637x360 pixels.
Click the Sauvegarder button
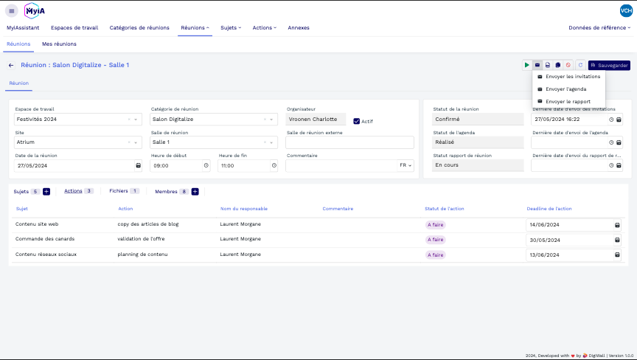coord(609,65)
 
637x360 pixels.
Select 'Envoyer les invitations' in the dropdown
coord(572,77)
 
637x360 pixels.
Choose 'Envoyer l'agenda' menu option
coord(565,89)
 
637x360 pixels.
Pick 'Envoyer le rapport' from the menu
coord(568,102)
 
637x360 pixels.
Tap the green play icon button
coord(527,65)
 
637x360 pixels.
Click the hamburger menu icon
coord(11,11)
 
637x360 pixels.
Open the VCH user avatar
coord(626,10)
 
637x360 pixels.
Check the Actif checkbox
coord(357,121)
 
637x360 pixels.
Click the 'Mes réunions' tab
coord(59,44)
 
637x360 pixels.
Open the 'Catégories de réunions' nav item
coord(138,28)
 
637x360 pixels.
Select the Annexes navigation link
coord(299,28)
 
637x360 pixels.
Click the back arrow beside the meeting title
coord(11,65)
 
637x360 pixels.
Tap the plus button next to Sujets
coord(46,192)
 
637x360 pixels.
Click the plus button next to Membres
coord(195,192)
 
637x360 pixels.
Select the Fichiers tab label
coord(119,191)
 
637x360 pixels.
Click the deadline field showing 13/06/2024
coord(568,255)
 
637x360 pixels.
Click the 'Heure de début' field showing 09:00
coord(177,166)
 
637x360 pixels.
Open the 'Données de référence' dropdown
coord(599,28)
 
